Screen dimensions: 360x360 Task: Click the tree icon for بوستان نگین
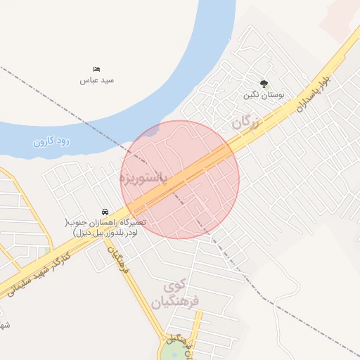click(264, 83)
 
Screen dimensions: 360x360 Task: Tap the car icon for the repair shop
click(105, 212)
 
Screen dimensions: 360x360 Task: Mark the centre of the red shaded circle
click(180, 179)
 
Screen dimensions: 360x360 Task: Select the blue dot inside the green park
click(174, 354)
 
